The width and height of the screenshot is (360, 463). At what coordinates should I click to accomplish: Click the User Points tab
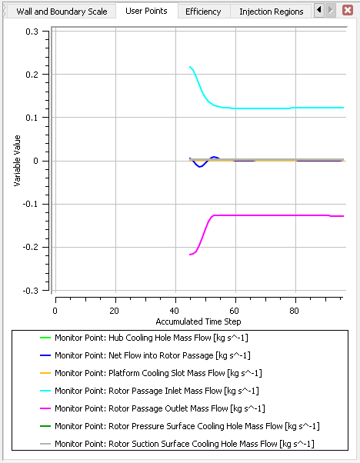tap(146, 12)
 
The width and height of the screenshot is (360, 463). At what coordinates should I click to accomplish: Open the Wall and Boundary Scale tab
tap(58, 12)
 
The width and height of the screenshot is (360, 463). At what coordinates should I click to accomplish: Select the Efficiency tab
tap(203, 12)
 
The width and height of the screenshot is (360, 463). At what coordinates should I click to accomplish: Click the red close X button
tap(348, 11)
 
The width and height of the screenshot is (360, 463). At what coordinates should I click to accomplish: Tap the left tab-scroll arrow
tap(319, 11)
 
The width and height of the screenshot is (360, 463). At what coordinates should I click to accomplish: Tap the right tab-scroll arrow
tap(331, 11)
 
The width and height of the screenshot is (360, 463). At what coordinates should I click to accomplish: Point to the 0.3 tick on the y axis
tap(33, 32)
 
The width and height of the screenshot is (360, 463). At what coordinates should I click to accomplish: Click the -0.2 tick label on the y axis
tap(32, 248)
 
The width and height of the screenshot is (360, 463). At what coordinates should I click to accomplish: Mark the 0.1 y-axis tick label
tap(33, 118)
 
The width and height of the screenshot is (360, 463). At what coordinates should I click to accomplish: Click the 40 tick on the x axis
tap(175, 311)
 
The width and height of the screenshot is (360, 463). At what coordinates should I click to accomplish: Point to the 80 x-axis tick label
tap(295, 311)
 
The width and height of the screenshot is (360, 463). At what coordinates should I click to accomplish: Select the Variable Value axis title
tap(17, 161)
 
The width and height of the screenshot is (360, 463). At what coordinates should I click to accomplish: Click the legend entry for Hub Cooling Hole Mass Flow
tap(151, 338)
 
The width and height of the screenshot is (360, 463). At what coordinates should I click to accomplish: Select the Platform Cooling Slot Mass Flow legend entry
tap(158, 373)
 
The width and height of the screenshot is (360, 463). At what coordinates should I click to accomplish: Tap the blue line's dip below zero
tap(200, 166)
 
